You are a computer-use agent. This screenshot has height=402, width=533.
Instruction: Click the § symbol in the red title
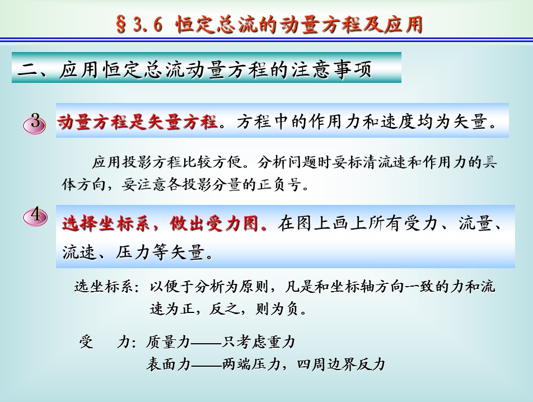(x=121, y=25)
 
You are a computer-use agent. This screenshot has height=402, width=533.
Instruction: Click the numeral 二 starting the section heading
(x=28, y=69)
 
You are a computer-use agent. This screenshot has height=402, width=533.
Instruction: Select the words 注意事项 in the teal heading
(x=331, y=69)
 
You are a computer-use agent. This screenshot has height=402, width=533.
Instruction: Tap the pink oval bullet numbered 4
(x=35, y=217)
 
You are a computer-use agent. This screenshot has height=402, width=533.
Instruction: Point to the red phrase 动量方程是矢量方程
(x=137, y=121)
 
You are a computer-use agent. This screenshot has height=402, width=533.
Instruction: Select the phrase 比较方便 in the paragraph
(x=212, y=162)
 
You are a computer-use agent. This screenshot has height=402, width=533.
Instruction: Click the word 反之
(x=224, y=309)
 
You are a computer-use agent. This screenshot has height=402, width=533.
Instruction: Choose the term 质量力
(x=168, y=342)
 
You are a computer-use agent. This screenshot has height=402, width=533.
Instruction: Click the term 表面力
(x=168, y=364)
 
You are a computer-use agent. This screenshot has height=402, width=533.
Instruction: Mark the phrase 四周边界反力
(x=341, y=364)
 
